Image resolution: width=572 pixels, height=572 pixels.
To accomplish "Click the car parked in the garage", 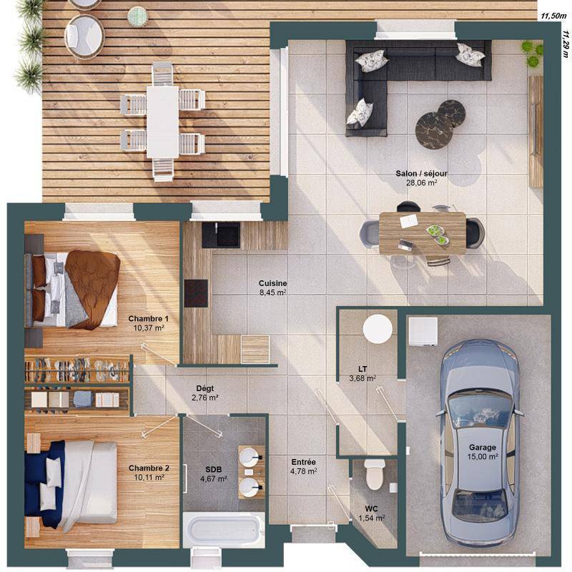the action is (480, 443).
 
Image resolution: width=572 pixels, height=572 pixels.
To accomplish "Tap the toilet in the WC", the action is (375, 474).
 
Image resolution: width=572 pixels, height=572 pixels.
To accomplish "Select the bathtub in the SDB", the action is (224, 529).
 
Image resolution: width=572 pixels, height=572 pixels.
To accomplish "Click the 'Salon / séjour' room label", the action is (422, 174).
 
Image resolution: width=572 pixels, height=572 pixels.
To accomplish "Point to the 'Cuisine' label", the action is (272, 283).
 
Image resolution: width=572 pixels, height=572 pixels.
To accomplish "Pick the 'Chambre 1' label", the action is (149, 318).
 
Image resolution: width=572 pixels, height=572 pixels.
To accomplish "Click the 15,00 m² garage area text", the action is (483, 456).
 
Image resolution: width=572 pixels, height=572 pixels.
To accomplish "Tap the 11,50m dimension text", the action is (553, 16).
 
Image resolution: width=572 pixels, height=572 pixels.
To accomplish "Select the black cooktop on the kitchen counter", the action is (196, 293).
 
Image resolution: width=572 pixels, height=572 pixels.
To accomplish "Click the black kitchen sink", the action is (221, 235).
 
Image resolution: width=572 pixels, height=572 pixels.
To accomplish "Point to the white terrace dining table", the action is (163, 122).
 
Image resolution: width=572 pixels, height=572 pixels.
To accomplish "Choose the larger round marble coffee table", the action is (434, 130).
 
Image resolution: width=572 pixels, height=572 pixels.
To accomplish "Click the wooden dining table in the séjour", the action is (423, 233).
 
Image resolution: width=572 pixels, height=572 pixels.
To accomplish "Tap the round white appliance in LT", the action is (378, 328).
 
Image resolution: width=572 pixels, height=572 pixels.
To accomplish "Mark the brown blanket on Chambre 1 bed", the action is (94, 288).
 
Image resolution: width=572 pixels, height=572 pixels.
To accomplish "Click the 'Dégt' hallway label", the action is (205, 388).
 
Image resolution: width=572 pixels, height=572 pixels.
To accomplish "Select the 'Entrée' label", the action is (303, 462).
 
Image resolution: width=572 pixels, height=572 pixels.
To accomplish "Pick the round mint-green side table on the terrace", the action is (137, 16).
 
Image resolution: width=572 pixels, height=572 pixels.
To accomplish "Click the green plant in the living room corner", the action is (532, 54).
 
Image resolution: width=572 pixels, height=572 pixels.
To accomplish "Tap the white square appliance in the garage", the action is (423, 331).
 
